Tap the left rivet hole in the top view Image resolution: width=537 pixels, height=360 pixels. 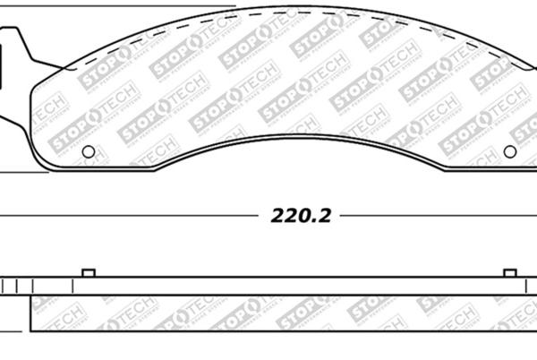coord(88,151)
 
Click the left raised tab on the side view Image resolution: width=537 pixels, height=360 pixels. coord(88,272)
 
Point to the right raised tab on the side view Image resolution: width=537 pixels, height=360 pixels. coord(510,272)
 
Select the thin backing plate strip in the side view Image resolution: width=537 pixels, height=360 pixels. coord(268,284)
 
